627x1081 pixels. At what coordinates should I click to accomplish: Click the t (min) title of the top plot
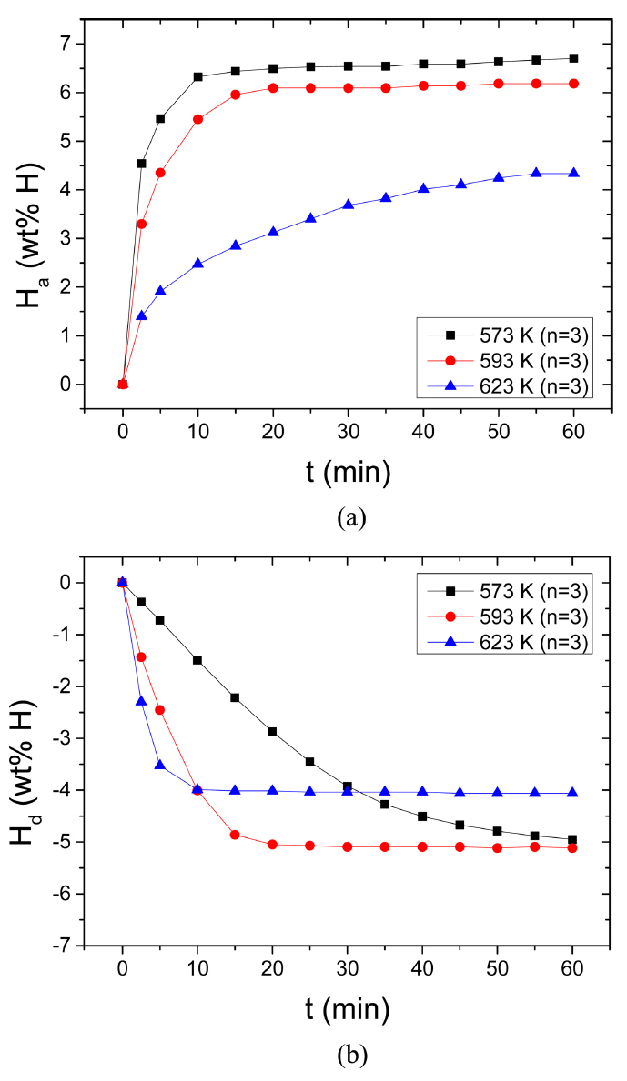(348, 472)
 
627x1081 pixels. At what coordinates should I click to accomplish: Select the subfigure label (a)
(351, 518)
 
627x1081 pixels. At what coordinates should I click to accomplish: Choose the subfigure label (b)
(351, 1056)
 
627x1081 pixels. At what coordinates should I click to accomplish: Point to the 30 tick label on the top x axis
(348, 429)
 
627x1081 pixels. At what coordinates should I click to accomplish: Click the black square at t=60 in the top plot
(572, 58)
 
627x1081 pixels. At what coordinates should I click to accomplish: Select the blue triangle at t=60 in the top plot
(572, 173)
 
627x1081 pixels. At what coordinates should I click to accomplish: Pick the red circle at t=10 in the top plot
(197, 119)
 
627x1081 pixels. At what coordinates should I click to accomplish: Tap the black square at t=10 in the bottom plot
(197, 660)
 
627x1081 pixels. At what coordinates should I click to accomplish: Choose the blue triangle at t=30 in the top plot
(348, 205)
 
